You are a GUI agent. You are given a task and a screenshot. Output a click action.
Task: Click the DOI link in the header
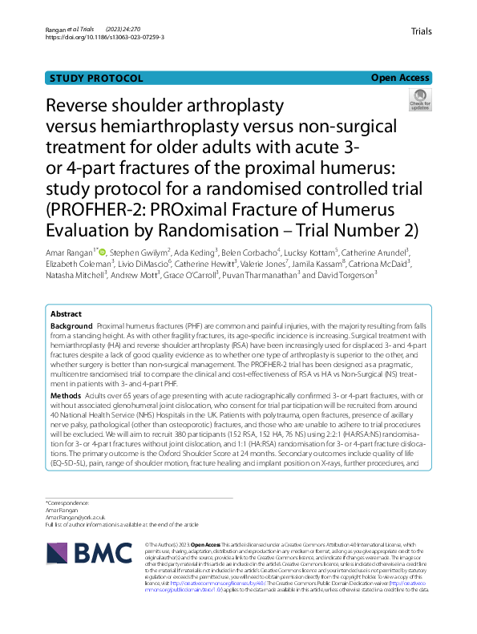(x=105, y=37)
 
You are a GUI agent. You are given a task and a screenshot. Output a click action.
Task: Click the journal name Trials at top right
(x=421, y=31)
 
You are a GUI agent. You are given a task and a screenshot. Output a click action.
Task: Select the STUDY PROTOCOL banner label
(x=96, y=78)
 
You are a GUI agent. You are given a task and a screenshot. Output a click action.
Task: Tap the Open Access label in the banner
(x=400, y=78)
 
